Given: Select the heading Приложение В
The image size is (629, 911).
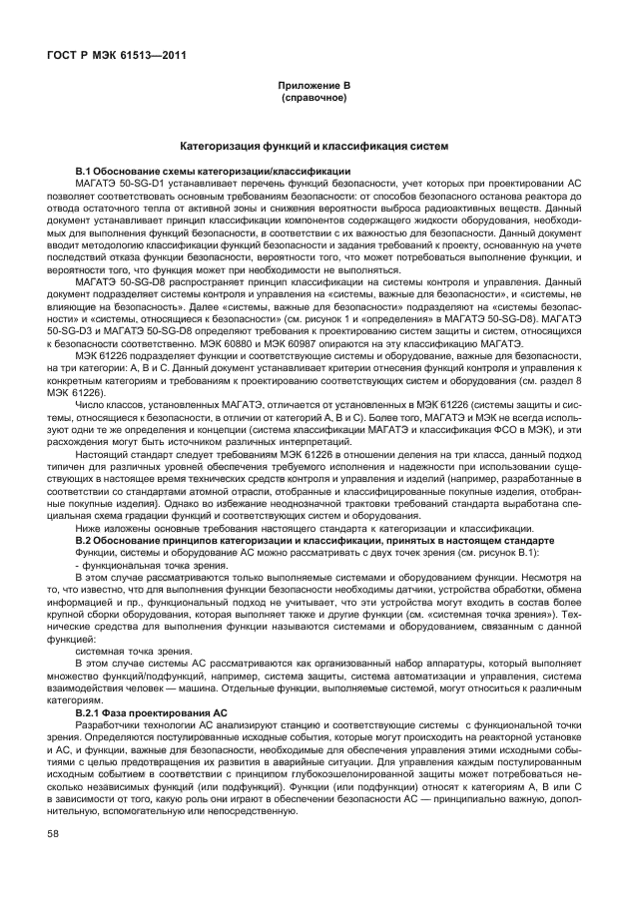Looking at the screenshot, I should [314, 88].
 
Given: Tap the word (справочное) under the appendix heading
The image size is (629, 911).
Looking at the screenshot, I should [314, 99].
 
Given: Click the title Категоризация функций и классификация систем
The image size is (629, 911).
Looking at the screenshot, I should [314, 147].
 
